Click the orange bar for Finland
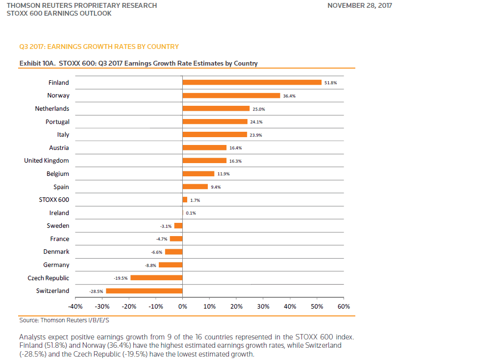[252, 83]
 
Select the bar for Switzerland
[144, 291]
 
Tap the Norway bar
[231, 96]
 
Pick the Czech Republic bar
[156, 278]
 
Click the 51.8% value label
[330, 83]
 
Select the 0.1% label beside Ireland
[191, 213]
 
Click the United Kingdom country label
[47, 161]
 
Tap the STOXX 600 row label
[54, 200]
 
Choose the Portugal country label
[57, 121]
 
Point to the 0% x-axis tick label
[182, 307]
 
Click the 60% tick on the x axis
[344, 307]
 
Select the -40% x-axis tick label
[75, 307]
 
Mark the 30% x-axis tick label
[263, 307]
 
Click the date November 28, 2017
[360, 5]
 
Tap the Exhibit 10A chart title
[138, 63]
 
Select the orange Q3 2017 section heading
[99, 47]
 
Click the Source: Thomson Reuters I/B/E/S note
[64, 320]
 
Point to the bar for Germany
[171, 265]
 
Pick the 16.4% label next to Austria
[236, 148]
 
